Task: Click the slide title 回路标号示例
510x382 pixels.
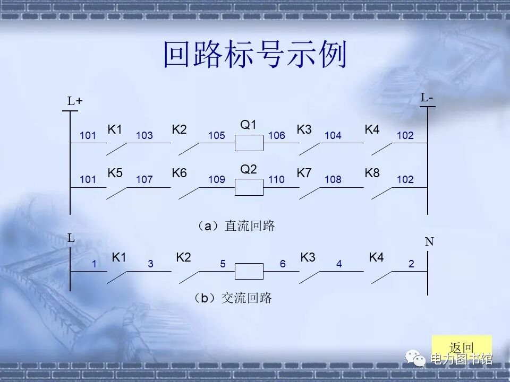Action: tap(255, 55)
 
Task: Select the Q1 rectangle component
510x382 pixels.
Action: tap(249, 143)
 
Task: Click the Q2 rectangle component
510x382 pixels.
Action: tap(249, 187)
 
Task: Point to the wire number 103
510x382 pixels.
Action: tap(144, 136)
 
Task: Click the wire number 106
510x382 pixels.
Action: tap(277, 136)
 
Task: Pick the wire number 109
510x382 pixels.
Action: tap(217, 180)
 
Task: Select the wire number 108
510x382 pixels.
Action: tap(333, 180)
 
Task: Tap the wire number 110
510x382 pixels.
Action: tap(277, 180)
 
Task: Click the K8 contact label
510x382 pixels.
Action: tap(372, 173)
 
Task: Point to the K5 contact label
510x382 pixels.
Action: tap(115, 173)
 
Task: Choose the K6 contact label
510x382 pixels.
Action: tap(179, 173)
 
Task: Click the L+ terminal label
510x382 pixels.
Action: tap(75, 101)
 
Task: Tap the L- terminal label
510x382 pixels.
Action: tap(427, 98)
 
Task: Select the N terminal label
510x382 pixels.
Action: tap(429, 242)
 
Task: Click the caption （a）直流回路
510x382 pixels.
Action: tap(236, 226)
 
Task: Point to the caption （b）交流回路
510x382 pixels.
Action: tap(233, 298)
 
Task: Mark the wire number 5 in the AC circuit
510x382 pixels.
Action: tap(223, 264)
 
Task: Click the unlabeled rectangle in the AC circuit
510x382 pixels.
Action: tap(249, 271)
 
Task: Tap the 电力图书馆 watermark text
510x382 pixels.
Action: tap(461, 359)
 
